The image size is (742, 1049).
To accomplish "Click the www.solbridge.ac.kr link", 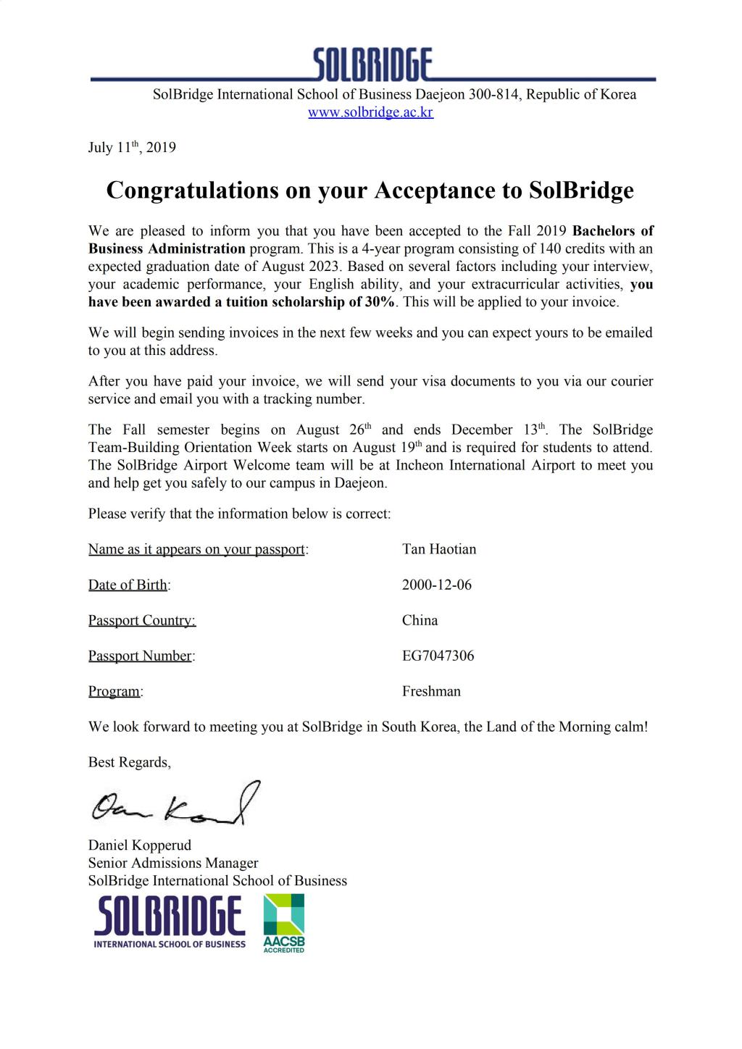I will tap(370, 112).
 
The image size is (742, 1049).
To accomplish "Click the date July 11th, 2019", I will tap(132, 147).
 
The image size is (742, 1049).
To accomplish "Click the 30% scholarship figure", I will tap(379, 302).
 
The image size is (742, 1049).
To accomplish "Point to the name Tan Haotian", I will tap(439, 549).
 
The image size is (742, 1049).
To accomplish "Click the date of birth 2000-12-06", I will tap(436, 585).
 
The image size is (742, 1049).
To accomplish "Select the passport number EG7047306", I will tap(438, 656).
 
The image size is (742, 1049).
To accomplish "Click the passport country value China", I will tap(420, 620).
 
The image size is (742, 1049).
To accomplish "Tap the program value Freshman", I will tap(431, 691).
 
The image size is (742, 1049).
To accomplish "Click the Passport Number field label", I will tap(141, 656).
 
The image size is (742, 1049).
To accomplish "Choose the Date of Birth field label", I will tap(128, 585).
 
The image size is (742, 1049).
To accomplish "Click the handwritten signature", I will tap(175, 806).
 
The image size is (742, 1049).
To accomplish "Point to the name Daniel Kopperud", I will tap(140, 845).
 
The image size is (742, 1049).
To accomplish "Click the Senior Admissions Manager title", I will tap(173, 863).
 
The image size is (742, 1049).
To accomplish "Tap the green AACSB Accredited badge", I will tap(283, 924).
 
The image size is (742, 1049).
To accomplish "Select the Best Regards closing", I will tap(129, 762).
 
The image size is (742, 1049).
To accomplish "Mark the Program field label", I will tap(114, 691).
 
